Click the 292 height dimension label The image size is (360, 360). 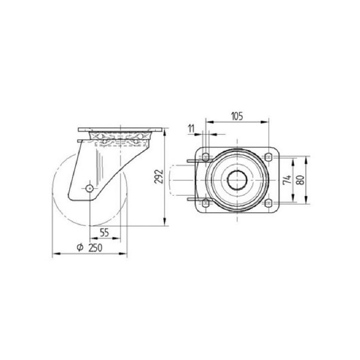coord(159,176)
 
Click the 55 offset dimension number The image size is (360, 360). coord(104,233)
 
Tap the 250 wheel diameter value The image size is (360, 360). coord(95,248)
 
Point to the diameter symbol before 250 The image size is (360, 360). coord(80,247)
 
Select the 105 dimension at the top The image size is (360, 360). coord(237,116)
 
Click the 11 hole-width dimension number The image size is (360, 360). coord(191,129)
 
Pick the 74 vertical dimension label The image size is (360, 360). coord(287,179)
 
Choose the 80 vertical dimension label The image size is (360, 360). coord(300,180)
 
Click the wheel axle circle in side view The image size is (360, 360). coord(89,189)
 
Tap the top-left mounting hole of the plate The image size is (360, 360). coord(206,157)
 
